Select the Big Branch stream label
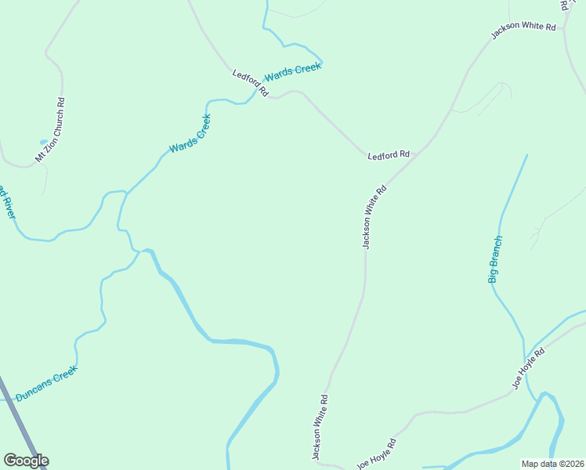495,259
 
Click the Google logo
26,461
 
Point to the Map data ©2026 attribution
552,464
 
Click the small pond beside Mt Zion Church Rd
43,143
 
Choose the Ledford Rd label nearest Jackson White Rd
389,155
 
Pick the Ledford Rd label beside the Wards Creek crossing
250,83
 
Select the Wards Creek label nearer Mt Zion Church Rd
190,134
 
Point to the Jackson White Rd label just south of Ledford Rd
375,217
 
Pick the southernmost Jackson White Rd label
320,426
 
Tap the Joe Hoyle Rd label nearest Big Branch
528,368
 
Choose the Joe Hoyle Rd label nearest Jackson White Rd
377,454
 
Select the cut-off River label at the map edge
7,202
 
